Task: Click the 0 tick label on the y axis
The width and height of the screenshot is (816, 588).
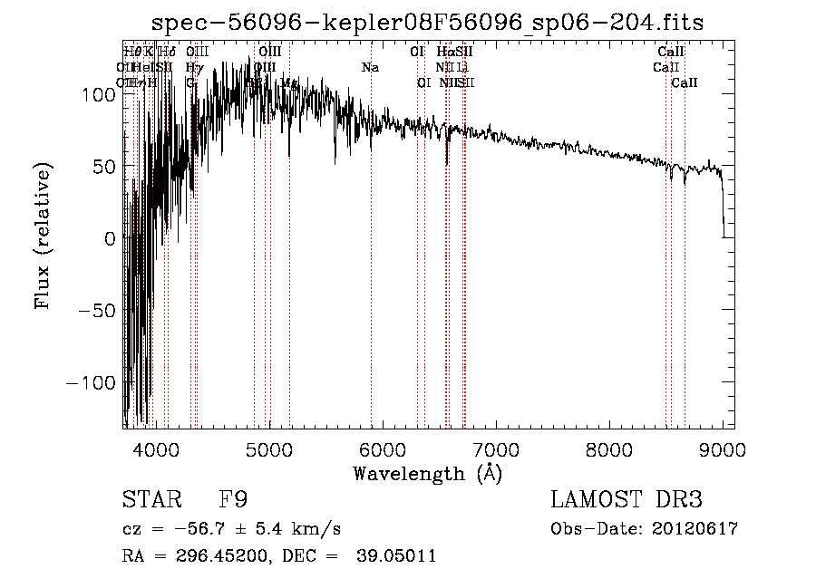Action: (111, 238)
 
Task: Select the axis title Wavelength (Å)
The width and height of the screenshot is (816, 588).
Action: (427, 472)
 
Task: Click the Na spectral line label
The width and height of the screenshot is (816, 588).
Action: (370, 68)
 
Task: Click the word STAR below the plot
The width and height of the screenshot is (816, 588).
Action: (151, 500)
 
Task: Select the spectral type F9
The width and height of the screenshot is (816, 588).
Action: (233, 500)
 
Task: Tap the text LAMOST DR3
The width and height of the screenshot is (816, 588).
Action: (626, 500)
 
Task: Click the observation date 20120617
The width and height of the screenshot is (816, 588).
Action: (698, 529)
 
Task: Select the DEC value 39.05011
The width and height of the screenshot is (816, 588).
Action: (399, 556)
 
